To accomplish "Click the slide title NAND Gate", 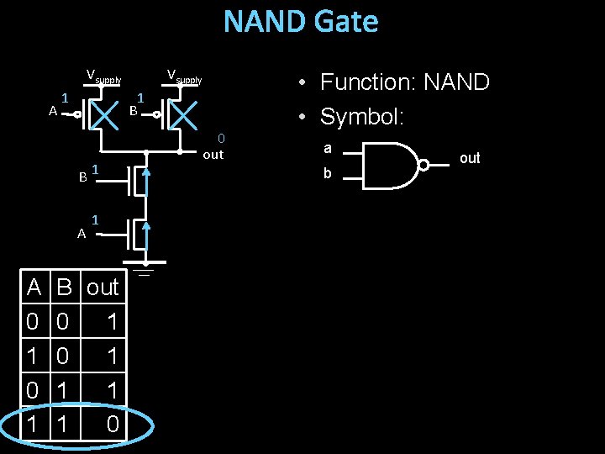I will click(301, 22).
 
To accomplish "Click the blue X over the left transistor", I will click(105, 116).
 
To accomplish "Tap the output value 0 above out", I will click(221, 138).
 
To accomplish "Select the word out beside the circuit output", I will click(213, 155).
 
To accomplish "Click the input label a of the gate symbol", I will click(328, 149).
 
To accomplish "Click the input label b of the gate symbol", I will click(328, 174).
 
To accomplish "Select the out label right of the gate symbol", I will click(470, 158).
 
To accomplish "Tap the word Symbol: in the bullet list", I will click(362, 117).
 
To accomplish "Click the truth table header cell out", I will click(103, 288).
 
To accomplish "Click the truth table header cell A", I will click(33, 288).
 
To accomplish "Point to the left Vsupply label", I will click(104, 78).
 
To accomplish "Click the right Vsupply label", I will click(184, 77).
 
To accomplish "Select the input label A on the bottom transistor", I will click(82, 235).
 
